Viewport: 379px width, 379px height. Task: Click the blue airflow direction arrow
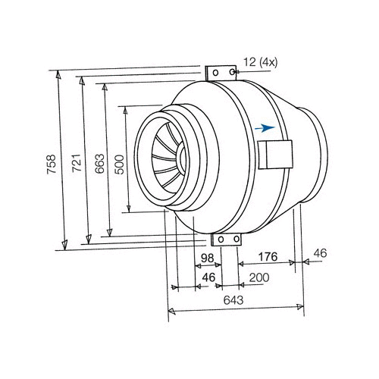point(265,128)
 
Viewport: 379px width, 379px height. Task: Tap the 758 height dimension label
point(52,164)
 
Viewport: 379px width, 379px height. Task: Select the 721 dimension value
point(77,163)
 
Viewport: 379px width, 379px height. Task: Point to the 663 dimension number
point(99,164)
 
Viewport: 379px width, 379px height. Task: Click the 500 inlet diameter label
point(119,164)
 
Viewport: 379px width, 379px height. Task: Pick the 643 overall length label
point(233,300)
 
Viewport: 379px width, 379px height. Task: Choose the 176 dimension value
point(268,257)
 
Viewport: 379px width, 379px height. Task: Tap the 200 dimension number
point(259,277)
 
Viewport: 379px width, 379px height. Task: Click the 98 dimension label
point(208,258)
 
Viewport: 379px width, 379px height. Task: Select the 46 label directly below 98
point(208,277)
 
